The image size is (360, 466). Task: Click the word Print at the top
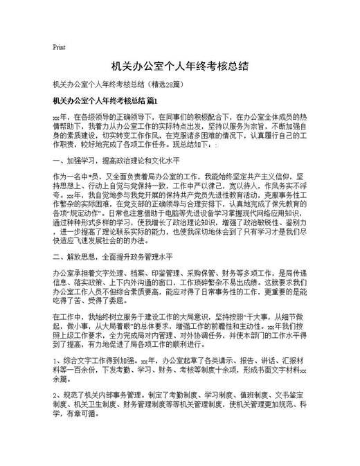(59, 48)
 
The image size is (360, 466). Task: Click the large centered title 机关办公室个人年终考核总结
(179, 67)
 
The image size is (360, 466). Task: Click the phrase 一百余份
(100, 370)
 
